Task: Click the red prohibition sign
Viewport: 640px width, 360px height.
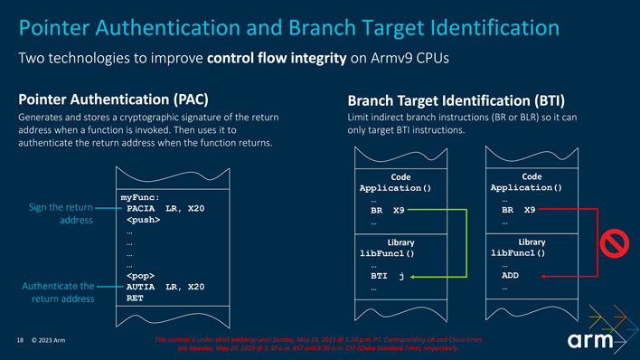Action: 615,244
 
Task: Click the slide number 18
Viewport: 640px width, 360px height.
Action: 19,340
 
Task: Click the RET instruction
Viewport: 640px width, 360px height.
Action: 135,297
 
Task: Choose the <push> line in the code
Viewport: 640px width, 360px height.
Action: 145,220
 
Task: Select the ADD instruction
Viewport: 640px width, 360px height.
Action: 510,276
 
